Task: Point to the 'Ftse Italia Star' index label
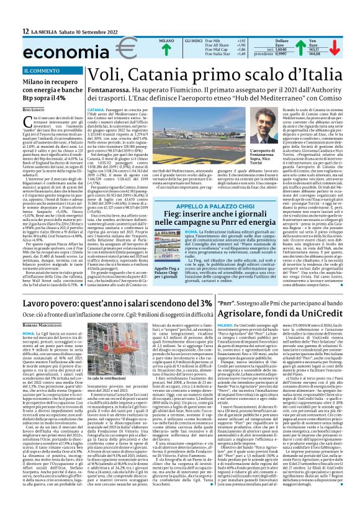(194, 54)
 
